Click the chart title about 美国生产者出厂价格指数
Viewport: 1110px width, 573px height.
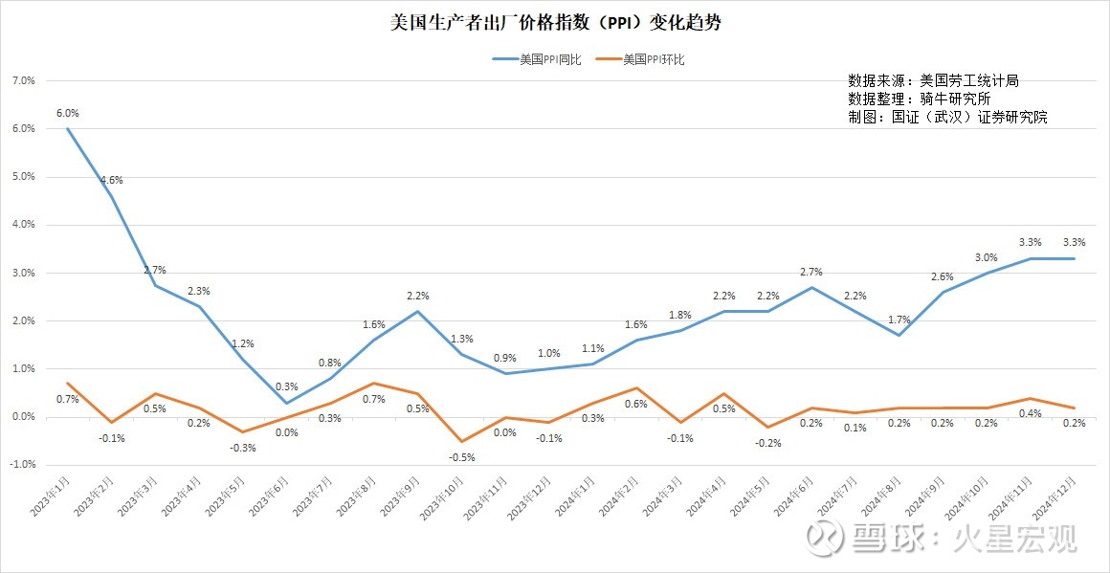[x=556, y=22]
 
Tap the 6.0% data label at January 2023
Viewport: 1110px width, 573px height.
[x=67, y=113]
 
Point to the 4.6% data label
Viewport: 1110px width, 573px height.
[x=111, y=180]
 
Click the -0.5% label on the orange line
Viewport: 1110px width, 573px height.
[x=462, y=457]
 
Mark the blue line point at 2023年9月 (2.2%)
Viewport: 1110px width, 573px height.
[x=418, y=311]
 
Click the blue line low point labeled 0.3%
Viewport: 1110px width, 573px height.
[x=286, y=403]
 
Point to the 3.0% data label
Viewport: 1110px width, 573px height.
[x=986, y=257]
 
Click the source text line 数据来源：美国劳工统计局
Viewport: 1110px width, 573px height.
[x=933, y=80]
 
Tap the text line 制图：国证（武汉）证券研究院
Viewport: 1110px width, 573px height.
[x=947, y=117]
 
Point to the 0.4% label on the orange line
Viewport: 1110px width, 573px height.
[x=1031, y=413]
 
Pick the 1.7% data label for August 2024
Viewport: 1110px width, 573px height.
[x=899, y=320]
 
